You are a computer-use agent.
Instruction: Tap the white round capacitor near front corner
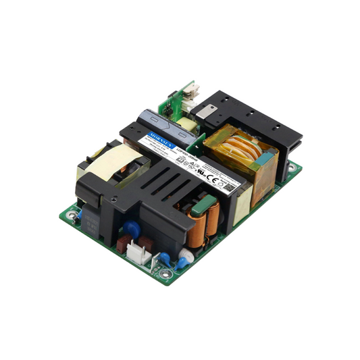click(x=186, y=256)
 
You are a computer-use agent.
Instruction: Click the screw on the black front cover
click(x=114, y=200)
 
